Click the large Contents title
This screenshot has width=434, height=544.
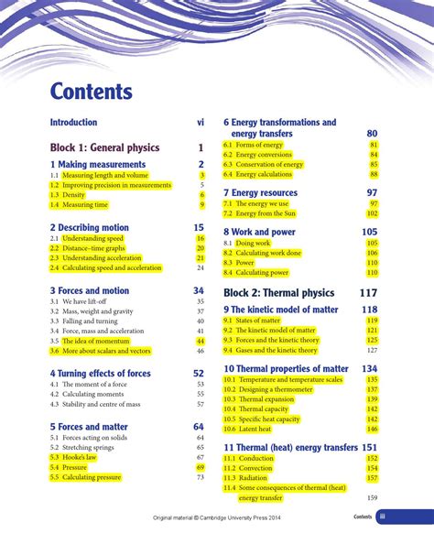coord(92,92)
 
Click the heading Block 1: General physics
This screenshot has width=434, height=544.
coord(104,147)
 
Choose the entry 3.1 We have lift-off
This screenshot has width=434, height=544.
coord(78,301)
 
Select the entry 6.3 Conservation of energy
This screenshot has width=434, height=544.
coord(266,165)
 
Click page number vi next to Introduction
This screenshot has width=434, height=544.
coord(200,122)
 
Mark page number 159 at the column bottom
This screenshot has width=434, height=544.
coord(372,498)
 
